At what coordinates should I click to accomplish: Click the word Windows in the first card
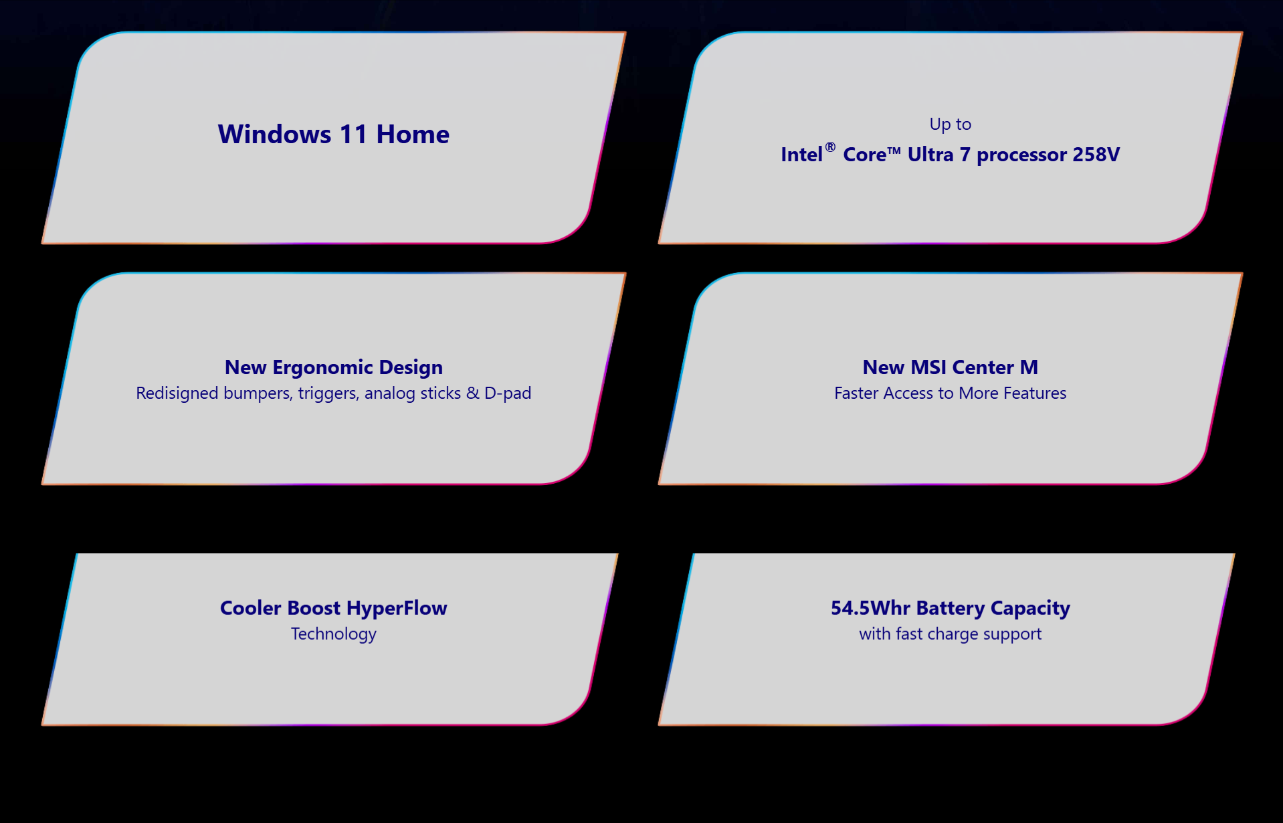[274, 134]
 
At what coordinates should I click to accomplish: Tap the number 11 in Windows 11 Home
[353, 134]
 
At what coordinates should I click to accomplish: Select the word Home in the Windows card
[413, 134]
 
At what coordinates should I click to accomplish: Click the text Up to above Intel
[950, 124]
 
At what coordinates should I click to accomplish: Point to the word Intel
[801, 155]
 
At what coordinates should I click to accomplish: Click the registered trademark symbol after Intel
[830, 147]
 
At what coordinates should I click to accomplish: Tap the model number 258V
[1096, 155]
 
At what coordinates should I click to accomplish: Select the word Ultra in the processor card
[930, 155]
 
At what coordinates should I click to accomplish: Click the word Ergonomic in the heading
[323, 368]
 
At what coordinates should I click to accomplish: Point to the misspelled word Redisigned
[177, 393]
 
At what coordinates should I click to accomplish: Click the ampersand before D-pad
[473, 393]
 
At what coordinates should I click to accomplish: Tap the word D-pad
[508, 393]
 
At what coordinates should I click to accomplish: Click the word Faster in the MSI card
[856, 393]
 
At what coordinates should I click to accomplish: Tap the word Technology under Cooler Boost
[334, 634]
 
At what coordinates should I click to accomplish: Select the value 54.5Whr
[870, 608]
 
